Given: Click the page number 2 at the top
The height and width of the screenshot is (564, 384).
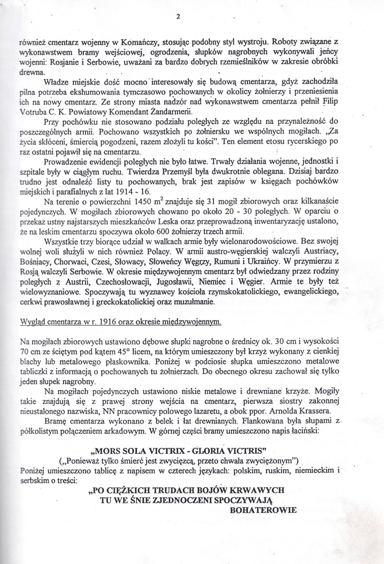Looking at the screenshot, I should (178, 17).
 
